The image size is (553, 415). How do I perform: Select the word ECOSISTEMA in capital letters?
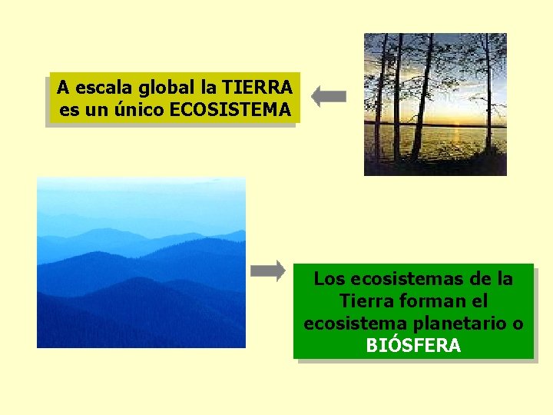coord(230,110)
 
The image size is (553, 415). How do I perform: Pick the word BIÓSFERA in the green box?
coord(413,346)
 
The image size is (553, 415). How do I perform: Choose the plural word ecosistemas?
coord(402,278)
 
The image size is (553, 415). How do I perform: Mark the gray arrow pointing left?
coord(329,97)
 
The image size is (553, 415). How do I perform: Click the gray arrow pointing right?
coord(268,271)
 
